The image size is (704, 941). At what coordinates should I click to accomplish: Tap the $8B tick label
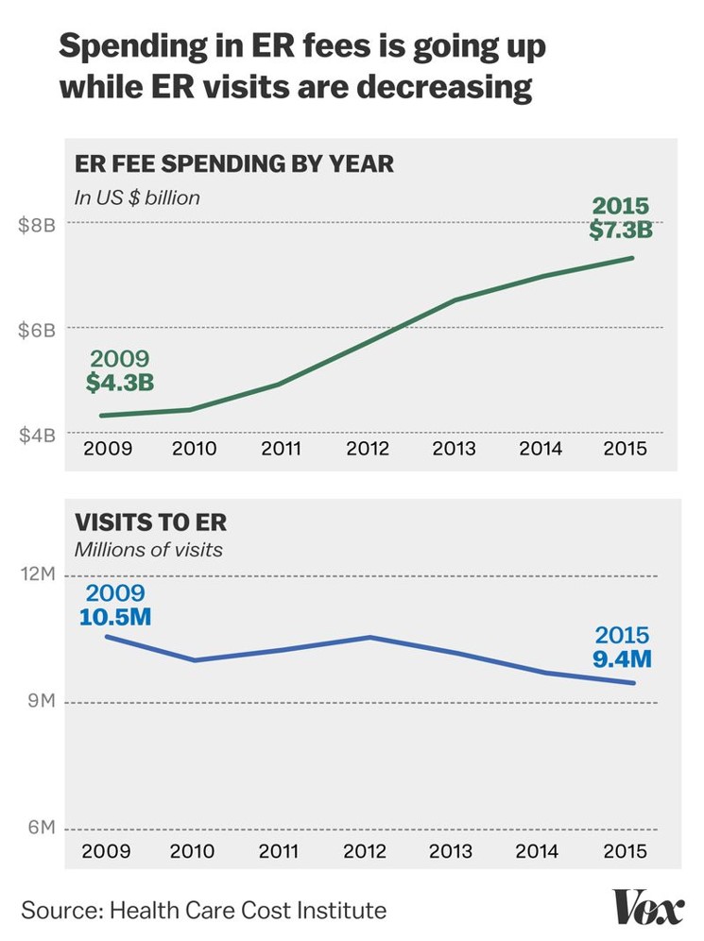click(x=37, y=225)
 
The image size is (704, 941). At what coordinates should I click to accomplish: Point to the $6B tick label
click(x=37, y=330)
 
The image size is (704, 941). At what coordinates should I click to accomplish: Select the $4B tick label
click(x=37, y=435)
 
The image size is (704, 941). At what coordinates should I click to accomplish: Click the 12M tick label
click(x=38, y=574)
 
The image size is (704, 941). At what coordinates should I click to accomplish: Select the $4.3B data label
click(x=120, y=384)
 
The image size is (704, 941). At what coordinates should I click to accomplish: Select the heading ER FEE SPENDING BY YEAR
click(x=234, y=164)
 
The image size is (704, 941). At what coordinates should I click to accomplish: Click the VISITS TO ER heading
click(x=151, y=522)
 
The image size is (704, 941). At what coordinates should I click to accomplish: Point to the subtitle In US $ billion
click(x=138, y=197)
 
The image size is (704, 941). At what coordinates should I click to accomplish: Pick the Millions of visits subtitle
click(x=149, y=549)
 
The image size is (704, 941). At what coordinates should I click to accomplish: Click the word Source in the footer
click(x=59, y=911)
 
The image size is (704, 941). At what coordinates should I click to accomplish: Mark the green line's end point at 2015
click(x=633, y=258)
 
